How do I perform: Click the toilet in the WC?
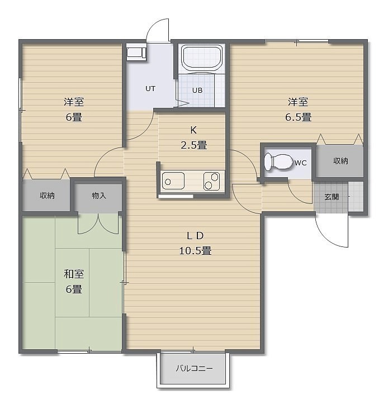[x=278, y=161]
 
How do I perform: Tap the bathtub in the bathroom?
[x=201, y=58]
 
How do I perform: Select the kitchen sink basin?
[x=173, y=181]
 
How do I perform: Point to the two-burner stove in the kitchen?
[x=211, y=181]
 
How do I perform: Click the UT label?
[x=150, y=89]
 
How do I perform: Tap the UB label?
[x=197, y=91]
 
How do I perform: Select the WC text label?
[x=301, y=163]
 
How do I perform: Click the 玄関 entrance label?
[x=332, y=197]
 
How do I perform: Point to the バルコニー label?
[x=194, y=368]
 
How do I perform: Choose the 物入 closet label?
[x=99, y=196]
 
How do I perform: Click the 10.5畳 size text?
[x=195, y=251]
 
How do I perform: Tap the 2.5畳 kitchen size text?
[x=194, y=145]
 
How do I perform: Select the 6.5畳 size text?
[x=298, y=117]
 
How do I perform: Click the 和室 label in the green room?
[x=74, y=274]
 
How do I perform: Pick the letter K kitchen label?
[x=193, y=130]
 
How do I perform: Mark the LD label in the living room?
[x=195, y=236]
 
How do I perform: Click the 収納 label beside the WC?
[x=341, y=161]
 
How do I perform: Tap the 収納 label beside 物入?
[x=47, y=196]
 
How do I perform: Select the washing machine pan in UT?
[x=136, y=53]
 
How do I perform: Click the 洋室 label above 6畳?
[x=74, y=102]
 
